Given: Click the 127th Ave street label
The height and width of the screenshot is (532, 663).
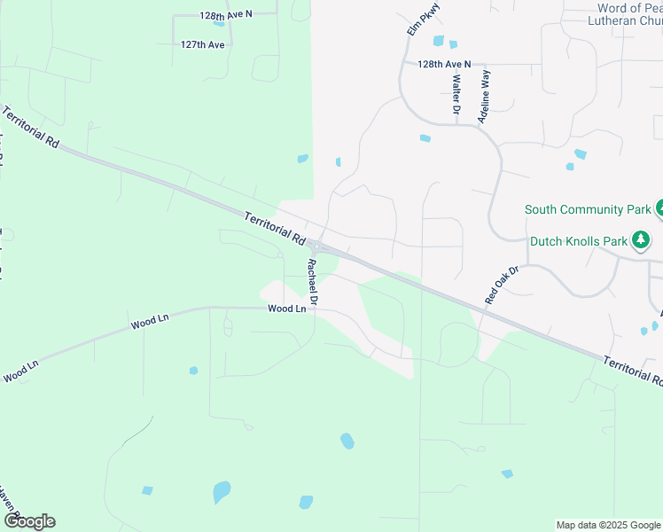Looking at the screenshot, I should click(x=203, y=44).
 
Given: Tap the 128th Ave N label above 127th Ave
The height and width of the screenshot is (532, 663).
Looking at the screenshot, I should click(x=226, y=15).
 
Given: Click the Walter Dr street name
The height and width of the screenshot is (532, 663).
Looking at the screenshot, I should click(x=456, y=95).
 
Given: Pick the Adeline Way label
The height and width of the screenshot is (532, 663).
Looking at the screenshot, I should click(x=484, y=96).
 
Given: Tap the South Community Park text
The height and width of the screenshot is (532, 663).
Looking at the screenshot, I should click(x=588, y=210).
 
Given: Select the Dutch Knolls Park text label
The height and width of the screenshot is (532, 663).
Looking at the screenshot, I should click(x=577, y=240).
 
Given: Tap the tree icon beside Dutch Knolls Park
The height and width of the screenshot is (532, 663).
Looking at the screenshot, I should click(x=641, y=240).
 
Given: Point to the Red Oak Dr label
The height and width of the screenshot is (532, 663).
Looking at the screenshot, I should click(x=501, y=284).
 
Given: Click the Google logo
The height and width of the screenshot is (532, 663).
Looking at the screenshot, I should click(x=29, y=521).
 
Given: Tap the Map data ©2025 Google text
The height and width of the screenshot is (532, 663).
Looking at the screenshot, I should click(x=608, y=525).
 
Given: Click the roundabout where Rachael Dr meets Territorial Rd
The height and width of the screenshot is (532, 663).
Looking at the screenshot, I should click(x=316, y=246).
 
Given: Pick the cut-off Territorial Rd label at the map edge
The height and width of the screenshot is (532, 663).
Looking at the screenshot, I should click(x=634, y=370).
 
